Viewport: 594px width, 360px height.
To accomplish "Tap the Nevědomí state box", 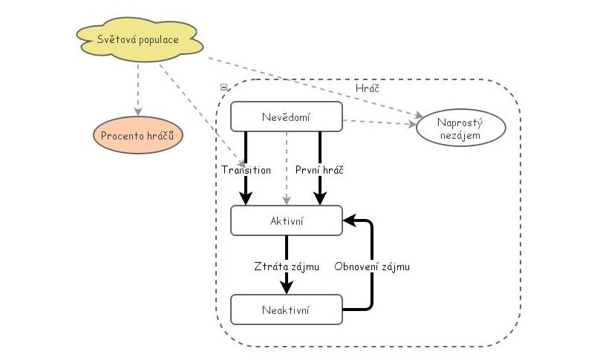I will [x=286, y=117].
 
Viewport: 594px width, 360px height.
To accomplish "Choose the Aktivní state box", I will [x=286, y=221].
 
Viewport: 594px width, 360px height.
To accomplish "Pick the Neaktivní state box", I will [x=286, y=309].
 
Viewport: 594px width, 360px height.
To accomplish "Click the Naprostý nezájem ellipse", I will [x=461, y=128].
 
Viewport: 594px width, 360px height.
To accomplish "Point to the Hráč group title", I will [x=368, y=87].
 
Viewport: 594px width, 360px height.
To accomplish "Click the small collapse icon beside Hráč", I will [x=224, y=87].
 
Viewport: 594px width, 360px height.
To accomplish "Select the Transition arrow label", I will [x=246, y=169].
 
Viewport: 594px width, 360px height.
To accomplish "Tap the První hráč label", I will [x=319, y=169].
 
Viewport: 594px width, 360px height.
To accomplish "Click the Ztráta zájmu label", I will [x=286, y=266].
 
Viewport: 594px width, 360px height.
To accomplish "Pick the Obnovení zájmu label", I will [x=371, y=266].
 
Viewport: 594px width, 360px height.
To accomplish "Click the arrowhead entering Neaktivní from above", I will [x=286, y=288].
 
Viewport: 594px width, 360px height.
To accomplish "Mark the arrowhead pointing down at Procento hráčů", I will [x=138, y=111].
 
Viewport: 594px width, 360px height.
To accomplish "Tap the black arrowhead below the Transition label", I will [x=246, y=198].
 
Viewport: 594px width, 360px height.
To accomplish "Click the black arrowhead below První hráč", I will [x=319, y=198].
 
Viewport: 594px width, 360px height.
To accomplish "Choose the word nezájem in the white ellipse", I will [x=461, y=136].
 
